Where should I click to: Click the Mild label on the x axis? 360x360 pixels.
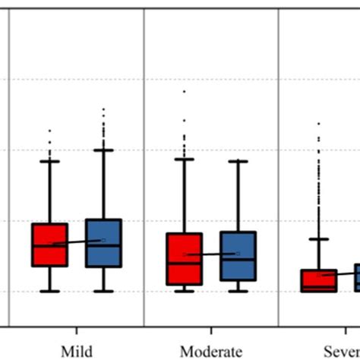[x=75, y=351]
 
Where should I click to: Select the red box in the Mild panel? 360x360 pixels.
[x=49, y=245]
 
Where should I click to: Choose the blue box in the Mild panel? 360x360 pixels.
[x=103, y=243]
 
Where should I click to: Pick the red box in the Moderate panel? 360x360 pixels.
[x=184, y=259]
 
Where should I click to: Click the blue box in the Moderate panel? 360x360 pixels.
[x=238, y=256]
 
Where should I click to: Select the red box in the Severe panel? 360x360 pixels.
[x=318, y=280]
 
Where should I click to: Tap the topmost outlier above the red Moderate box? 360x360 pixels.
[x=184, y=92]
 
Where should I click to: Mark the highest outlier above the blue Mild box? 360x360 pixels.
[x=103, y=109]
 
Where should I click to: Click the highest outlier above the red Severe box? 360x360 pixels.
[x=318, y=123]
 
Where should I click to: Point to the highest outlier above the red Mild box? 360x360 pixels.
[x=50, y=131]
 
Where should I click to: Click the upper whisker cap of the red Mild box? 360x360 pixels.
[x=49, y=161]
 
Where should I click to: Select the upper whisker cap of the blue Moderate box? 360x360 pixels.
[x=238, y=161]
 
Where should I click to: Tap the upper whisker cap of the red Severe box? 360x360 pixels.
[x=318, y=239]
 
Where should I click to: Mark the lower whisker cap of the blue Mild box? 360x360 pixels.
[x=103, y=291]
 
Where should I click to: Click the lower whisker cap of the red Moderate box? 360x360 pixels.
[x=184, y=291]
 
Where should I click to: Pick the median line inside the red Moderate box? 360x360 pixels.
[x=184, y=263]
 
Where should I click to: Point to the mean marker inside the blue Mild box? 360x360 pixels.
[x=103, y=241]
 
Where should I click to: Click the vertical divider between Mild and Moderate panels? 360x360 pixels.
[x=144, y=167]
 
